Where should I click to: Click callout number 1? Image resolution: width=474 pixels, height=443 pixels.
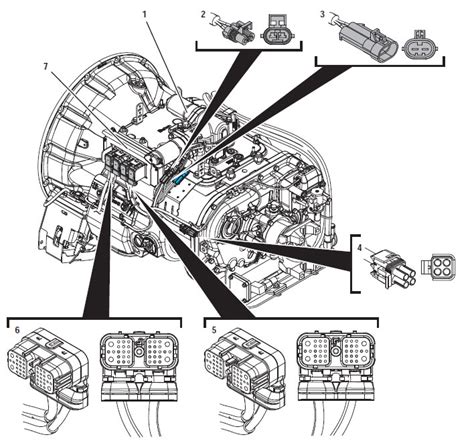(x=144, y=15)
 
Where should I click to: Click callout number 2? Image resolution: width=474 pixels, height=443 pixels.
(x=203, y=14)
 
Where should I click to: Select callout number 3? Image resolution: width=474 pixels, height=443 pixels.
(x=322, y=14)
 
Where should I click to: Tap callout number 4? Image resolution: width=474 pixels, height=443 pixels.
(x=360, y=248)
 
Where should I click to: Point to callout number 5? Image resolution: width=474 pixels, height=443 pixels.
(x=214, y=330)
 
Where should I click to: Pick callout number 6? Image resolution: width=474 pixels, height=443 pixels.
(x=17, y=330)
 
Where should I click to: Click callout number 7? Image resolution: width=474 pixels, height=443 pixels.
(x=46, y=66)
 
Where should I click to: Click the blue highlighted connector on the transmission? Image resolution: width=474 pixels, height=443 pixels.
(x=180, y=178)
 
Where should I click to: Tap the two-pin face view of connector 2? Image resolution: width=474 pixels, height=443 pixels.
(x=277, y=31)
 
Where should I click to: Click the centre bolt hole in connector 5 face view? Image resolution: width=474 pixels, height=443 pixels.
(x=335, y=351)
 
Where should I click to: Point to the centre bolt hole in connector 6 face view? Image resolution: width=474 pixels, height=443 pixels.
(x=139, y=351)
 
